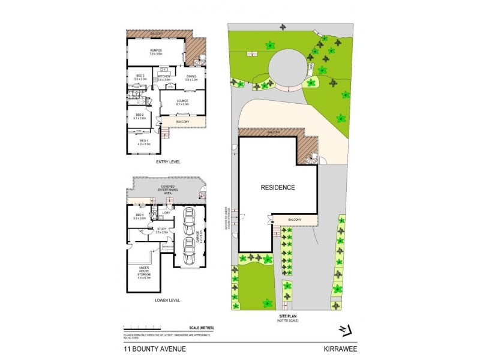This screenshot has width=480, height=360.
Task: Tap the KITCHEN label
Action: tap(164, 77)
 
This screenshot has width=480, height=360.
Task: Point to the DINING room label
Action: tap(191, 77)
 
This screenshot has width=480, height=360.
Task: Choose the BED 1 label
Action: tap(144, 142)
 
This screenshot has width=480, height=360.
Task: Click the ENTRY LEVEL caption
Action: tap(167, 162)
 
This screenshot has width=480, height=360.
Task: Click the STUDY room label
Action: tap(161, 229)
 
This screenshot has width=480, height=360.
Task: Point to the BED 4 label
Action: tap(140, 216)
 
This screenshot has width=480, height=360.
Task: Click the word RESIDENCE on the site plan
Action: tap(277, 187)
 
